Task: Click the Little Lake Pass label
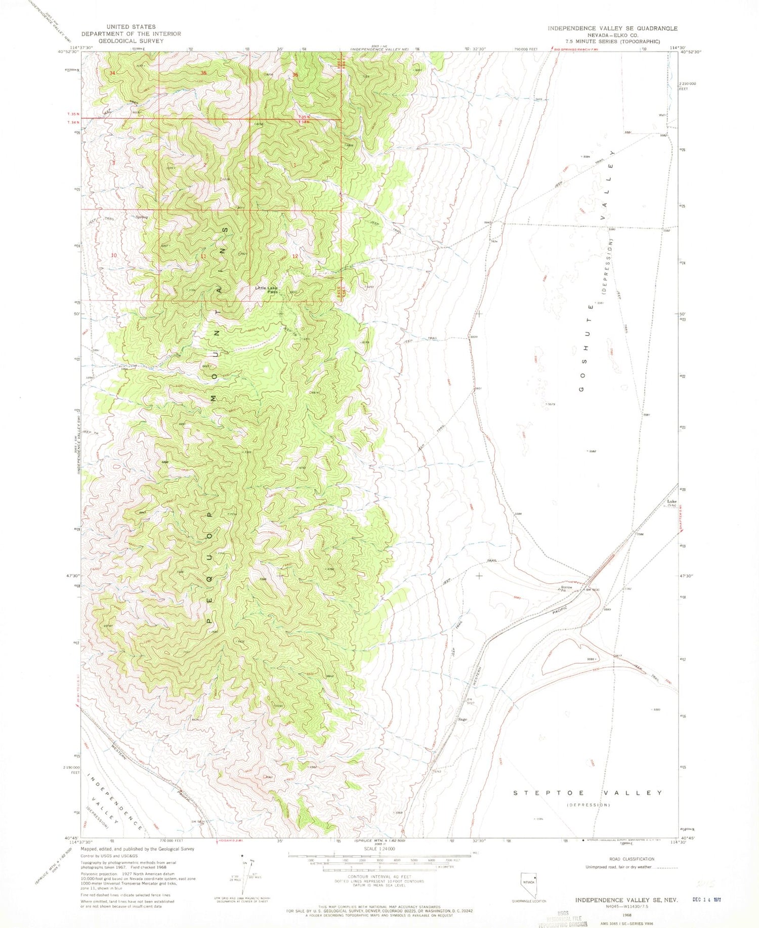tap(267, 289)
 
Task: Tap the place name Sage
tap(462, 719)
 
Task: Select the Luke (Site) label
tap(671, 503)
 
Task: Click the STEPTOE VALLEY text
tap(587, 793)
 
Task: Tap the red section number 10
tap(114, 256)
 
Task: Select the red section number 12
tap(294, 257)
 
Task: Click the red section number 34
tap(112, 73)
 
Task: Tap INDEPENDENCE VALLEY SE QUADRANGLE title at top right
tap(612, 28)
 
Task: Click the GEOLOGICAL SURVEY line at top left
tap(131, 41)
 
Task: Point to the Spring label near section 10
tap(142, 218)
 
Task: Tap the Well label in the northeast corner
tap(661, 115)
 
